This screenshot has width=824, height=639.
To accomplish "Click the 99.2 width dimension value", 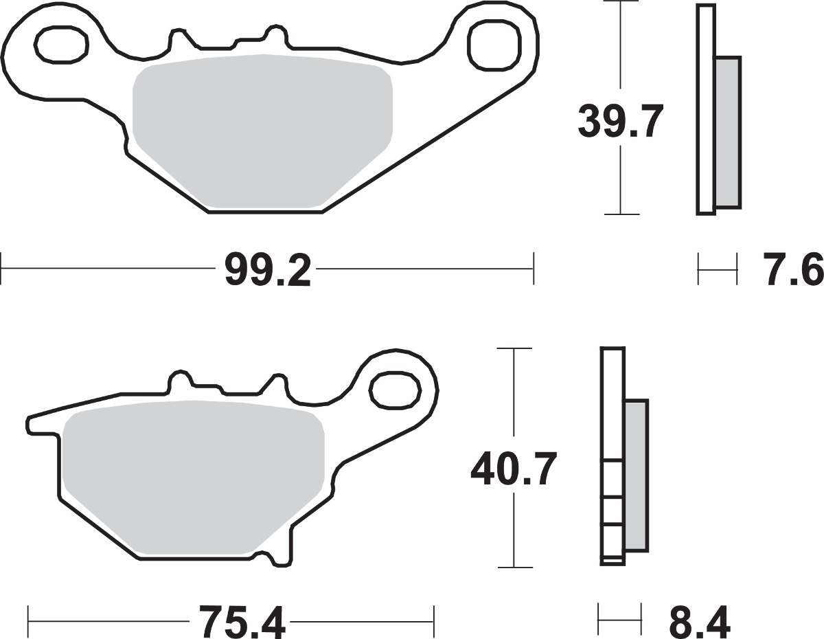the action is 268,270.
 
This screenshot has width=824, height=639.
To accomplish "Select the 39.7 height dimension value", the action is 621,121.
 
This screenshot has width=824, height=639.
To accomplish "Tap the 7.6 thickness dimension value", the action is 792,270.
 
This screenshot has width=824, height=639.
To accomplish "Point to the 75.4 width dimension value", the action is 242,622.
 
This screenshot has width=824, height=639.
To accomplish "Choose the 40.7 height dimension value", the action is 514,469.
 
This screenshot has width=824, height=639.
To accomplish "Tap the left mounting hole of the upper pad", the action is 61,44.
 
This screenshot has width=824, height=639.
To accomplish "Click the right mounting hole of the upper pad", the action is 494,45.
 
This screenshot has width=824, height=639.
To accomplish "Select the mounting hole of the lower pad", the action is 396,391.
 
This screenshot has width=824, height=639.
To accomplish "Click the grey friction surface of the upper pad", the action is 262,131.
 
